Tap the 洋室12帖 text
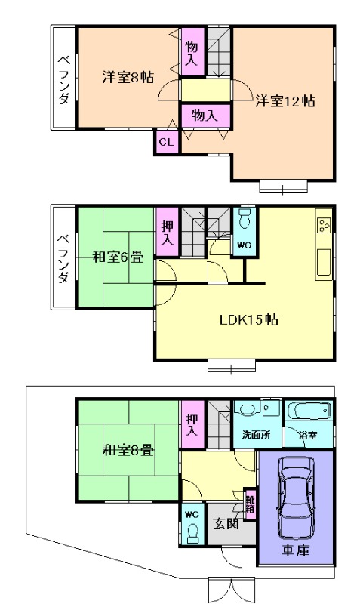pyautogui.click(x=284, y=100)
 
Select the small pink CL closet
pyautogui.click(x=166, y=141)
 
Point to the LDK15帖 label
pyautogui.click(x=249, y=319)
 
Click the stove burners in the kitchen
pyautogui.click(x=324, y=224)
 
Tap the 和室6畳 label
pyautogui.click(x=118, y=257)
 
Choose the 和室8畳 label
pyautogui.click(x=128, y=451)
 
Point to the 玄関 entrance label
pyautogui.click(x=225, y=523)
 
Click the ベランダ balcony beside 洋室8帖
pyautogui.click(x=63, y=77)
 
